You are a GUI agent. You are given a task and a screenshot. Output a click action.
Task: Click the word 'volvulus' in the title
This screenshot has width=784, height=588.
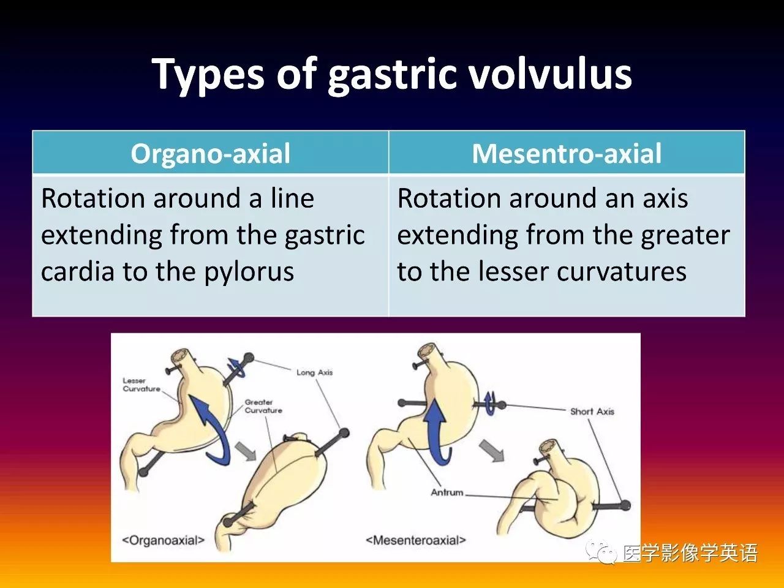point(549,74)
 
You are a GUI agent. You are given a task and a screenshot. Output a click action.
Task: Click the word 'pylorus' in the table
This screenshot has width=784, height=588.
point(249,272)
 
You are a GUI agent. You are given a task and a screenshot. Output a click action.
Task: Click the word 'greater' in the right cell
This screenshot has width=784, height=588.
point(685,236)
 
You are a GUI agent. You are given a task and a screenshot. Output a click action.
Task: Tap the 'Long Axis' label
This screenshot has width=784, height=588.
point(314,373)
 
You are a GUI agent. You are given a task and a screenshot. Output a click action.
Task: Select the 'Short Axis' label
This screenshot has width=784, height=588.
point(592,412)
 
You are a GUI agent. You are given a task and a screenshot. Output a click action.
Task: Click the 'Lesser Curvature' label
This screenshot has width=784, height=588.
point(141,385)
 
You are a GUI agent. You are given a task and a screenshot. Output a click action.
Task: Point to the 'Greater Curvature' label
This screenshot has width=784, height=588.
point(263,406)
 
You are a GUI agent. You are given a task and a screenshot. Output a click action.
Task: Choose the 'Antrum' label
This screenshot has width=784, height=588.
point(447,492)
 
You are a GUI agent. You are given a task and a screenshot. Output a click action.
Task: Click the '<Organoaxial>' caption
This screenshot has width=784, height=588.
point(163,540)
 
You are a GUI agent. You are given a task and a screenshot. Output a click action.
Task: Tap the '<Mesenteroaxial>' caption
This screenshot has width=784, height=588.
point(416,540)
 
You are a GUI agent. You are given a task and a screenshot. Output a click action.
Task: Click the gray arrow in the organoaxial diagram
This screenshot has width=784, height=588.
point(246,451)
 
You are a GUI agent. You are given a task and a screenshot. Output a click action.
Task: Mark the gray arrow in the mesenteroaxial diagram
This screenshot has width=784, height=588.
point(491,451)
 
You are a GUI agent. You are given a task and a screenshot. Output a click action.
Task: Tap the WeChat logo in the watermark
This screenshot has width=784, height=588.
point(601,552)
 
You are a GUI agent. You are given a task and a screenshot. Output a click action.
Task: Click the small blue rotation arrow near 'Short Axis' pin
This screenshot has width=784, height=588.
point(490,404)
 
